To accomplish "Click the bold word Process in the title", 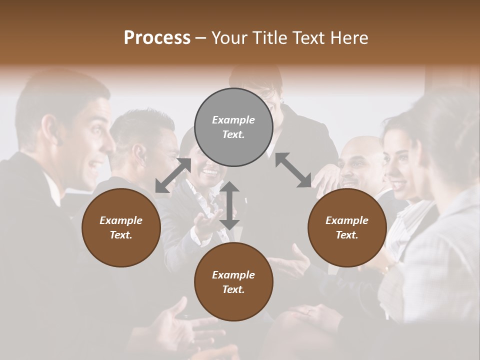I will [157, 38].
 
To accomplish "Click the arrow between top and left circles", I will [173, 175].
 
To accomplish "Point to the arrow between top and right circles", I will [293, 170].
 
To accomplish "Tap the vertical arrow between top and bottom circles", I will [229, 205].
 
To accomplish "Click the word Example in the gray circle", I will [233, 120].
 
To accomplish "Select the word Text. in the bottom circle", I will [233, 289].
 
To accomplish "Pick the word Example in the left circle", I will [121, 220].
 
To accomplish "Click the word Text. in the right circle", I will [347, 235].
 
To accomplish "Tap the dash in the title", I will [201, 38].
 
